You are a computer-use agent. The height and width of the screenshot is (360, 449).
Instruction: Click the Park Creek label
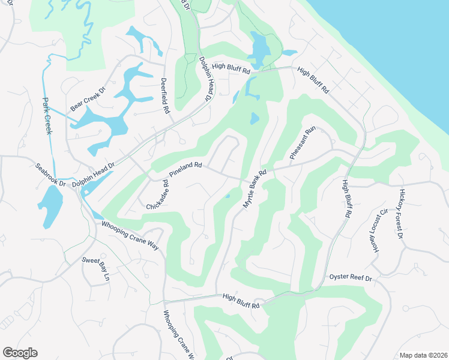[x=47, y=115]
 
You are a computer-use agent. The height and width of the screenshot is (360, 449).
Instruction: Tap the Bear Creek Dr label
[x=88, y=98]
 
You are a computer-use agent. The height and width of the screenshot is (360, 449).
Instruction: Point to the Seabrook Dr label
[x=49, y=175]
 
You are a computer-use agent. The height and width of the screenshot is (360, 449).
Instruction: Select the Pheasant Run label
[x=303, y=143]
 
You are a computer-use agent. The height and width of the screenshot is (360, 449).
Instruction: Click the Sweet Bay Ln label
[x=96, y=269]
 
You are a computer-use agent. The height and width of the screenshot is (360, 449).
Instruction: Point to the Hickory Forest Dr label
[x=400, y=214]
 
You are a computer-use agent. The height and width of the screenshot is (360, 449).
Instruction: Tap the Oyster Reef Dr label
[x=351, y=278]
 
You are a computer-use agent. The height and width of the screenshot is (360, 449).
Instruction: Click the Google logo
[x=20, y=353]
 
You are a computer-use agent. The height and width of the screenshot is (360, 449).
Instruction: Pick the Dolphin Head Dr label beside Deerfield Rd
[x=206, y=78]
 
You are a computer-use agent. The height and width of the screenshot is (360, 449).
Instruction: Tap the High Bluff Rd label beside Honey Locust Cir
[x=346, y=198]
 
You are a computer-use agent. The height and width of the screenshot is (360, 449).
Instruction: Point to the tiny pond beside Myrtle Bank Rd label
[x=228, y=196]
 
